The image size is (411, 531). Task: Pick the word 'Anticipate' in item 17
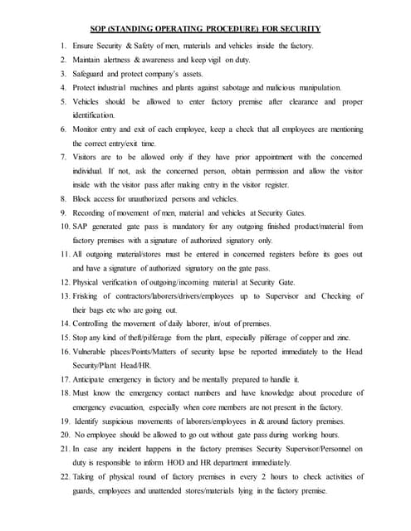[92, 380]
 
